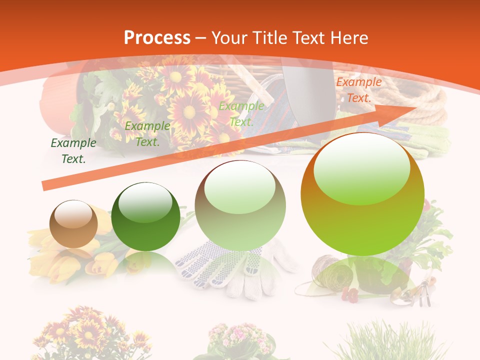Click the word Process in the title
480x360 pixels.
click(x=157, y=37)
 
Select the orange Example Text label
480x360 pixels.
click(x=358, y=90)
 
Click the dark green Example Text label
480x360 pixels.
click(x=73, y=151)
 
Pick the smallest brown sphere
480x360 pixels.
click(x=73, y=224)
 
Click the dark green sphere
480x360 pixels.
click(x=145, y=216)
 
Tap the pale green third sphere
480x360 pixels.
click(x=240, y=205)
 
